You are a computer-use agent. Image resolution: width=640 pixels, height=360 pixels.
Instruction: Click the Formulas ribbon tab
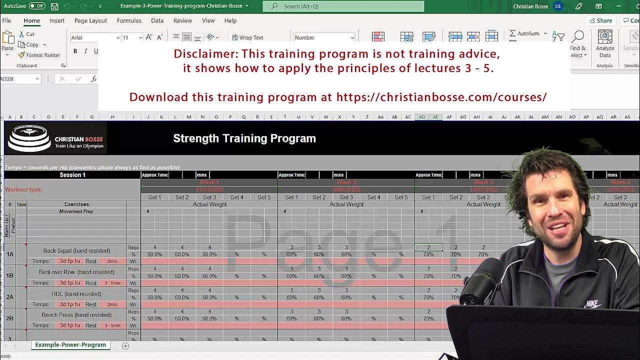(x=129, y=20)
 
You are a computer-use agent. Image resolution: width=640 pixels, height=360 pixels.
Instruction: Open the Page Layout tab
(x=90, y=20)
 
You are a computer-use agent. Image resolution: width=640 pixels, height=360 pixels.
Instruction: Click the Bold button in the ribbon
(x=75, y=51)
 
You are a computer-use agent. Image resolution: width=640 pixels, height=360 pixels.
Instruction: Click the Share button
(x=600, y=20)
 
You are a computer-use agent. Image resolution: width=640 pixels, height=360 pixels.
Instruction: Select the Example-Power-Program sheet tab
(x=70, y=345)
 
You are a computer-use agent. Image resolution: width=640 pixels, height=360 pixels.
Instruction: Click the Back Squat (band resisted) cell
(x=76, y=250)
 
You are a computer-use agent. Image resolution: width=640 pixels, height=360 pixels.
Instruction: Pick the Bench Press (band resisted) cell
(x=76, y=315)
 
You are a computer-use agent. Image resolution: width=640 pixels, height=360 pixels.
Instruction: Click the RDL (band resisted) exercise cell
(x=76, y=294)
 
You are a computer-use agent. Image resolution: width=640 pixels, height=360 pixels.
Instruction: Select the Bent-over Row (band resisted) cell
(x=76, y=272)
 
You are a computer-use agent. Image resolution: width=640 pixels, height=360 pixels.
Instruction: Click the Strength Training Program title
(x=244, y=138)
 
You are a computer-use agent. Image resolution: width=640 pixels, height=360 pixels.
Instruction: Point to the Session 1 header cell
(x=72, y=175)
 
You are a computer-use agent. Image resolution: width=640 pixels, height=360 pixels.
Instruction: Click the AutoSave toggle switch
(x=36, y=6)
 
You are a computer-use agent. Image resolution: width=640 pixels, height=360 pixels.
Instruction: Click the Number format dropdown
(x=324, y=37)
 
